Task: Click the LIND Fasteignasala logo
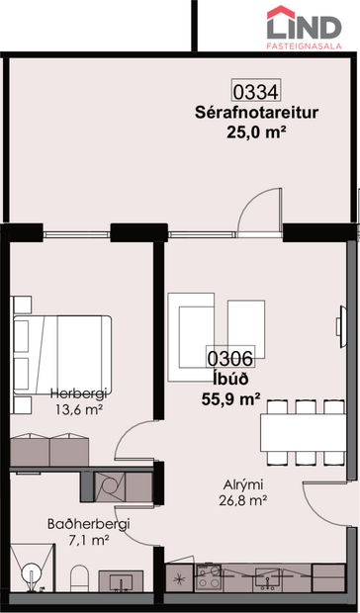304,28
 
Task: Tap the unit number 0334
256,92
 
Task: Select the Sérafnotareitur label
256,113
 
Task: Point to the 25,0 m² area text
254,132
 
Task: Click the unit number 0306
230,358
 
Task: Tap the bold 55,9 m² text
231,399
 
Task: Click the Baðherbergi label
88,524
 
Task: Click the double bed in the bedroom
62,354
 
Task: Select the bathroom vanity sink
121,581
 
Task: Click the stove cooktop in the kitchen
209,577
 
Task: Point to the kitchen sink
267,579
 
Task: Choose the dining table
303,432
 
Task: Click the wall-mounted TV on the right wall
341,326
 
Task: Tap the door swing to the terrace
259,213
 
